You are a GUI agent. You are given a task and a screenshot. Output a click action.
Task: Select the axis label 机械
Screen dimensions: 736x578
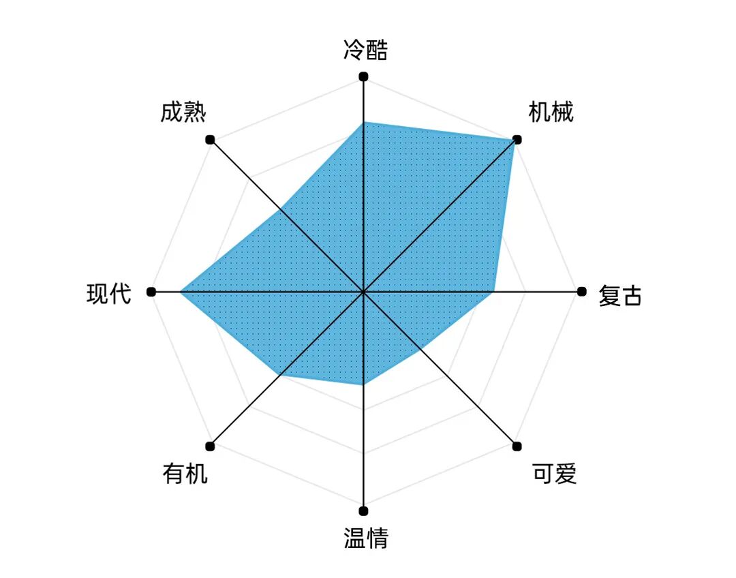(x=551, y=112)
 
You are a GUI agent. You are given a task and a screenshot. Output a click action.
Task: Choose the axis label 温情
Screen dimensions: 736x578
(x=365, y=538)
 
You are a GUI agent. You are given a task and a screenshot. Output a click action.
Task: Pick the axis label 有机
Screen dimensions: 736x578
(x=185, y=473)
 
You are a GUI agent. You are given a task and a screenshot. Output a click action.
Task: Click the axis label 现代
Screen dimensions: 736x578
(x=108, y=294)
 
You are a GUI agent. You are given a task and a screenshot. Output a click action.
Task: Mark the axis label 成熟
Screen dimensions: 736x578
(x=183, y=112)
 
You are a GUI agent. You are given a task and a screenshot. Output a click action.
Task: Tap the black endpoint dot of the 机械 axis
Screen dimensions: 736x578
(x=517, y=140)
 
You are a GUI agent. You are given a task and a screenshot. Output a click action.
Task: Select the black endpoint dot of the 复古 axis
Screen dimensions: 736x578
(x=581, y=292)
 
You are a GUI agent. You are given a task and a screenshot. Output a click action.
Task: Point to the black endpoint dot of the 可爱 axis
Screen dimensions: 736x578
(x=517, y=446)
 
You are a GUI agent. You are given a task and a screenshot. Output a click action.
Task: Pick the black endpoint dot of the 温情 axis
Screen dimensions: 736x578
(x=363, y=511)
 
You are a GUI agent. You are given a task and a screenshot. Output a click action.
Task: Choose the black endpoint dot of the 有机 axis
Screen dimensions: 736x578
(x=210, y=446)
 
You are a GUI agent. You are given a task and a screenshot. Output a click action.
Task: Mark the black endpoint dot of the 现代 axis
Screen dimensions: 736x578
(x=151, y=292)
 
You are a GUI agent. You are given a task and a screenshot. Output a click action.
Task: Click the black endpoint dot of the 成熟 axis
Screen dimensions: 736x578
(x=210, y=140)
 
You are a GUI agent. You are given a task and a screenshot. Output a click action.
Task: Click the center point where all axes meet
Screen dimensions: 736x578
(x=363, y=292)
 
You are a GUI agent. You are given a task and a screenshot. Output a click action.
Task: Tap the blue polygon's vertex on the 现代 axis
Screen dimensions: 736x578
(x=181, y=292)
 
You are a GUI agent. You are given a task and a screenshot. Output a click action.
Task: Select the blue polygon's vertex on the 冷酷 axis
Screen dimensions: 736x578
(x=363, y=122)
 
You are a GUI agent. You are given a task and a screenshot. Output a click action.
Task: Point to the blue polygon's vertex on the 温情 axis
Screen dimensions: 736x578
(x=363, y=385)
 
